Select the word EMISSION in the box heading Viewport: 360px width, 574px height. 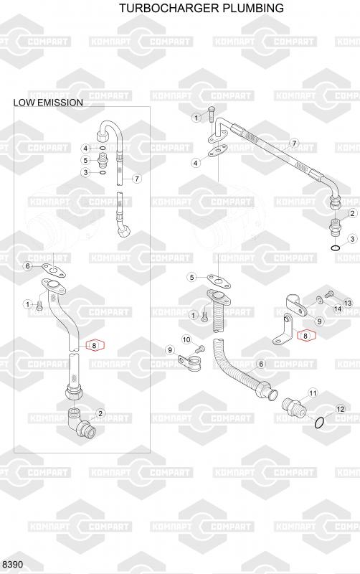(60, 103)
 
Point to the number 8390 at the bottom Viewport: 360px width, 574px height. (12, 564)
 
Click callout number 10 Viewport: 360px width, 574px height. (186, 339)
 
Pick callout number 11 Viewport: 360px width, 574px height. (313, 393)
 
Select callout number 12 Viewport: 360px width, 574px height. (340, 409)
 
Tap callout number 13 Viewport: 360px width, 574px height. (348, 303)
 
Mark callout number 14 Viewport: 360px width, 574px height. (337, 309)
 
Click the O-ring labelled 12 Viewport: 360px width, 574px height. (319, 423)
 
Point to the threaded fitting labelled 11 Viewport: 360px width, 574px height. (293, 406)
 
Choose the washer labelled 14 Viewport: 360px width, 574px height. (320, 300)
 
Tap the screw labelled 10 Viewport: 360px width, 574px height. (200, 347)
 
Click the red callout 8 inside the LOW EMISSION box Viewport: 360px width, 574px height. (95, 345)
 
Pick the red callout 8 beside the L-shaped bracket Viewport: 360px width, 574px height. (305, 335)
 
